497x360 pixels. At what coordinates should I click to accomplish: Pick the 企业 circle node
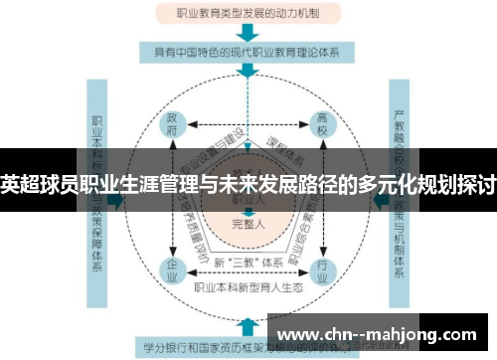coord(173,269)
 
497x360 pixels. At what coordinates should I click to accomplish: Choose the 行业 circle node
coord(321,269)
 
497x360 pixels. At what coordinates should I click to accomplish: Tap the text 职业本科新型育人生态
coord(248,285)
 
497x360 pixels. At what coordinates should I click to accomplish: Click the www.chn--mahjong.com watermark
coord(382,333)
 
